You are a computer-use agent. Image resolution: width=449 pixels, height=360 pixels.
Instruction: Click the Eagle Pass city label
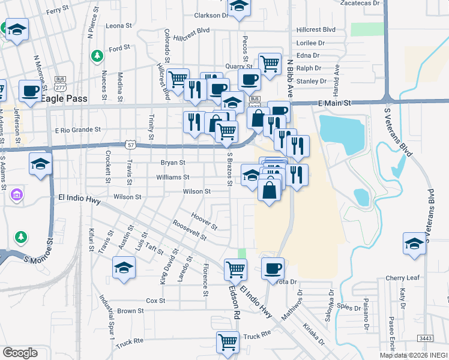64,99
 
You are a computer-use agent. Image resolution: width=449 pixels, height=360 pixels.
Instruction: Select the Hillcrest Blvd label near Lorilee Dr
316,29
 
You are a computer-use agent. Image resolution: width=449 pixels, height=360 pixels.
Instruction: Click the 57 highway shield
130,145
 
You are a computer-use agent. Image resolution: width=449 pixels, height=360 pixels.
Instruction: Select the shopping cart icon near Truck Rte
228,342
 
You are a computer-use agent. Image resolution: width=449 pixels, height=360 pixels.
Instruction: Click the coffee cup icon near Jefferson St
30,91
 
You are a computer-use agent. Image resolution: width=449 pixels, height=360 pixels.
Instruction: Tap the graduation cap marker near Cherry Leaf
414,243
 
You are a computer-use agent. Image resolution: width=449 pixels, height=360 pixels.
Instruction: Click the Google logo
20,353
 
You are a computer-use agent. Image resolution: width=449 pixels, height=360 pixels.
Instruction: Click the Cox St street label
155,301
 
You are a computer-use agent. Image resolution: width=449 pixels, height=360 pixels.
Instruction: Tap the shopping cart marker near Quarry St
270,63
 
